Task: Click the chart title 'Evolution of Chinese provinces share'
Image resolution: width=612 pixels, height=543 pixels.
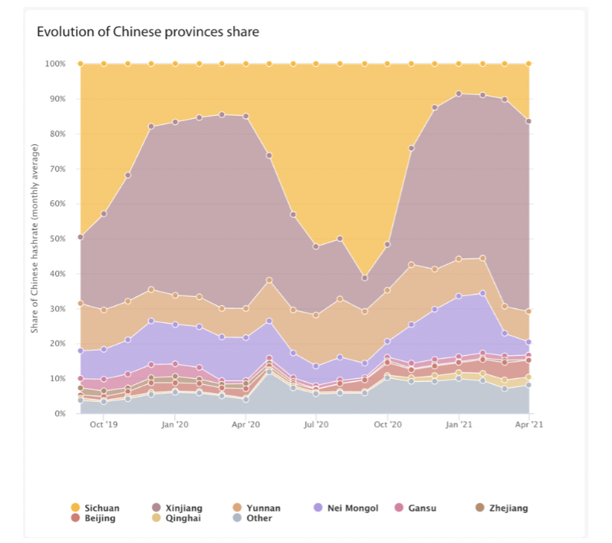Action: click(148, 32)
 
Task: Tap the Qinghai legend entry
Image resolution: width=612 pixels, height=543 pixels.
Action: click(180, 518)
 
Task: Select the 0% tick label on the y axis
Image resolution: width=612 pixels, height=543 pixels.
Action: click(59, 413)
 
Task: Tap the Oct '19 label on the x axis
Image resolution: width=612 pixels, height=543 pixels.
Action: click(104, 423)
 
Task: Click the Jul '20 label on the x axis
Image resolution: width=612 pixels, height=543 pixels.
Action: click(316, 423)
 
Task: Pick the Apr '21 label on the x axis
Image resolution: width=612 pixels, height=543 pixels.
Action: click(528, 423)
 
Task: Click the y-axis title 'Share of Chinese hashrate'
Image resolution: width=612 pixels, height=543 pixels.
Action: click(35, 239)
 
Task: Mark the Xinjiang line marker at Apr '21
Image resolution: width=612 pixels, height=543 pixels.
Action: click(528, 121)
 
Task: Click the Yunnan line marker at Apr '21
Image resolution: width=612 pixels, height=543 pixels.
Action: click(528, 311)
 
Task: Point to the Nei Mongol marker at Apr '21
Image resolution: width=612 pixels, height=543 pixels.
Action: click(528, 342)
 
